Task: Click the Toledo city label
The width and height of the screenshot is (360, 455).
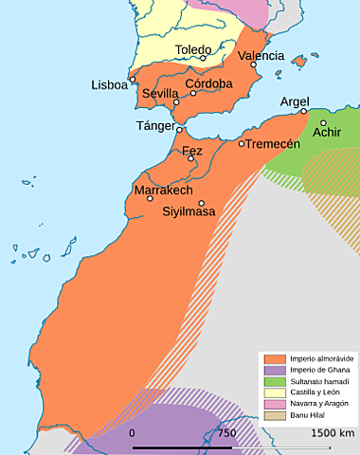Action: (x=193, y=49)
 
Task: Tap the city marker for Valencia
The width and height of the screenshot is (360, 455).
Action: (x=254, y=64)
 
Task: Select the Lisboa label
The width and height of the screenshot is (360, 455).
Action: (x=109, y=84)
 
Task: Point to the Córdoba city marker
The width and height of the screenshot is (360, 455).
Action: (x=193, y=93)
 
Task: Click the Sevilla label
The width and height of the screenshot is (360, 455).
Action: (x=160, y=94)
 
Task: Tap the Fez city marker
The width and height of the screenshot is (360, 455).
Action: (x=191, y=158)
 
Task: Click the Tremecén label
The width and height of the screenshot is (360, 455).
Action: (x=275, y=143)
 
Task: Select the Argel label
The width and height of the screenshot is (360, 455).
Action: (x=296, y=100)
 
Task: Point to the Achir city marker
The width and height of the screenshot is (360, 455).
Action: (x=323, y=122)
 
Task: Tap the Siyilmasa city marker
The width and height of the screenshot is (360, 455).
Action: (x=201, y=203)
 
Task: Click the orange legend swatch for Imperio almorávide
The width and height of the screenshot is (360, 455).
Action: (x=275, y=359)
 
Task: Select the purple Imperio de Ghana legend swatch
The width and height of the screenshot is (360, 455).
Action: (x=275, y=371)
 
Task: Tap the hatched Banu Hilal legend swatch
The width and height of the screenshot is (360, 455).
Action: (x=275, y=416)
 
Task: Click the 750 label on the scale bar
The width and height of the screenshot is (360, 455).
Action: (x=226, y=433)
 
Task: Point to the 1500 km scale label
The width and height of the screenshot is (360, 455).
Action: (x=333, y=433)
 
